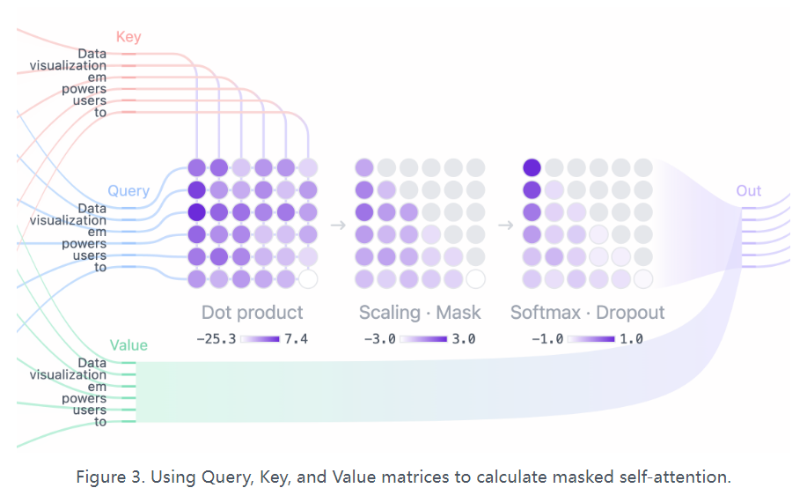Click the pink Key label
click(128, 37)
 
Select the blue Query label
click(128, 191)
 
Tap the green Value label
click(128, 345)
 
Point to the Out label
click(749, 191)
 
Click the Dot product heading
click(252, 313)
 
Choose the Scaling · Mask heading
click(420, 313)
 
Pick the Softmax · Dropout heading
click(588, 313)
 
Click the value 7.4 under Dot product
click(295, 338)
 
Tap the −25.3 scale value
click(216, 338)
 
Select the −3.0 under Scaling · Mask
click(379, 338)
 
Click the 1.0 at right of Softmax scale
click(632, 338)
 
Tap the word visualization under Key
click(68, 65)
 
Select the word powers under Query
click(84, 244)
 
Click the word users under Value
click(89, 410)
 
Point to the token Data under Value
click(92, 363)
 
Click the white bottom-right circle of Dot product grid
click(307, 279)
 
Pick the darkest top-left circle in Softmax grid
click(532, 167)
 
